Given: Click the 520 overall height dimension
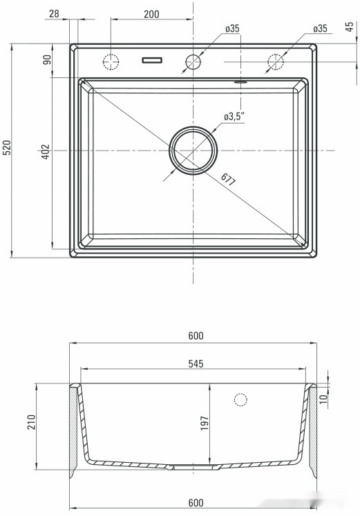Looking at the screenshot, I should coord(7,149).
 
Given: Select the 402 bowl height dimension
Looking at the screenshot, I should coord(46,152).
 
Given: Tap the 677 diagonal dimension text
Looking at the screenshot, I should coord(229,181).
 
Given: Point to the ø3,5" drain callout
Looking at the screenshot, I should coord(233,117).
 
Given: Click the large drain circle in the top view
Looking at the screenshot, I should coord(193,150).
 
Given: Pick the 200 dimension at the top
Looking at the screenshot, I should coord(151,14).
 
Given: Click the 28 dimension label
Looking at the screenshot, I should coord(55,14).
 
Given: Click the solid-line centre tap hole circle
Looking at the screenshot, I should coord(193,61).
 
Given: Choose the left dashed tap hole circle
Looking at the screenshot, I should coord(111,61).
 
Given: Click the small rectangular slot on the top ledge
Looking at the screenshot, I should coord(151,61).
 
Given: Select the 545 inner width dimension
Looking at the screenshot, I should coord(194,363).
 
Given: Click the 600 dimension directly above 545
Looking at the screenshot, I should coord(195,336).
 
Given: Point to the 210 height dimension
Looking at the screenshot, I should coord(30,423).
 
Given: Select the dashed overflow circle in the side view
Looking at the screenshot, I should coord(240,399).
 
